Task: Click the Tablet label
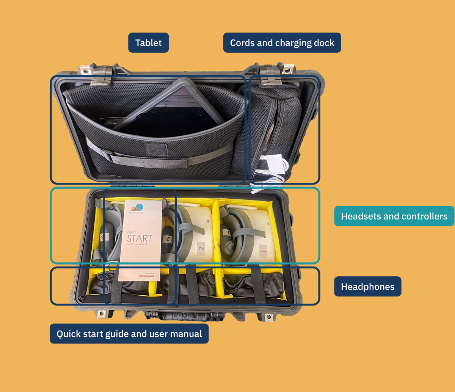(x=148, y=43)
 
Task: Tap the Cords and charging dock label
(x=282, y=43)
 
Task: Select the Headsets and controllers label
(x=394, y=216)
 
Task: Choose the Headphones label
(x=367, y=287)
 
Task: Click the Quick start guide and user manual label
(x=129, y=334)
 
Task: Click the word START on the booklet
(x=140, y=238)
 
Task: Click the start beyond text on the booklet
(x=147, y=276)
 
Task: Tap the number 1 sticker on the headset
(x=263, y=250)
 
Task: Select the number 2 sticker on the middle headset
(x=201, y=248)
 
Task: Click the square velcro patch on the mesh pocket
(x=157, y=149)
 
